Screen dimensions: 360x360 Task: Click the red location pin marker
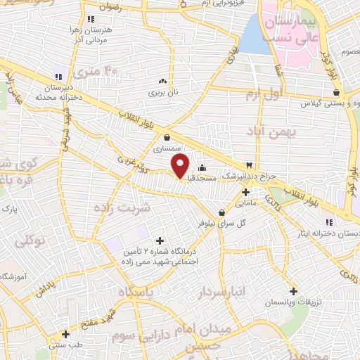click(x=181, y=166)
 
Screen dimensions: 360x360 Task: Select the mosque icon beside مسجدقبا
click(x=202, y=167)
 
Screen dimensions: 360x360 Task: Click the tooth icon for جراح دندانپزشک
click(x=248, y=164)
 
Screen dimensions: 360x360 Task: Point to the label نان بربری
click(x=162, y=92)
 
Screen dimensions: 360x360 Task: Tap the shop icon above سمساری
click(x=167, y=138)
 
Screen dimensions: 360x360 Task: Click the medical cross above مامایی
click(x=245, y=192)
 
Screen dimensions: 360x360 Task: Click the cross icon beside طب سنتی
click(x=65, y=335)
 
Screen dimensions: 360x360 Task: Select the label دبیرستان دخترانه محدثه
click(x=57, y=92)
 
